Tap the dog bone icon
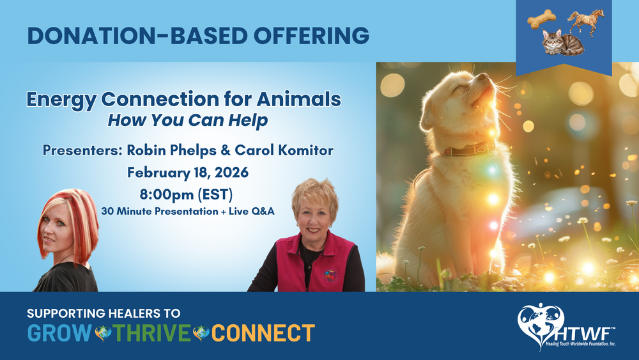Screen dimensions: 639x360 (x=542, y=19)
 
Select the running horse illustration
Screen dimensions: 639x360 (x=586, y=22)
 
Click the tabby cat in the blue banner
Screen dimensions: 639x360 (x=562, y=42)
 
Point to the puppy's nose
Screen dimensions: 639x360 (x=483, y=76)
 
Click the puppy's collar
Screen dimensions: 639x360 (x=468, y=149)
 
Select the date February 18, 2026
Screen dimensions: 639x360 (x=188, y=173)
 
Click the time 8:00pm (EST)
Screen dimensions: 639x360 (x=186, y=194)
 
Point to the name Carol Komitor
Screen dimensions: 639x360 (x=284, y=150)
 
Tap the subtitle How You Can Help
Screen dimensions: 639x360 (x=188, y=120)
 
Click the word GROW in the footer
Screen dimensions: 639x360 (x=59, y=333)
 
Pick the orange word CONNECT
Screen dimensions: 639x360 (x=263, y=333)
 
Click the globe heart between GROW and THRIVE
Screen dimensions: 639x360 (x=103, y=333)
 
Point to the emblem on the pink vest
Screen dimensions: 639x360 (x=330, y=275)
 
